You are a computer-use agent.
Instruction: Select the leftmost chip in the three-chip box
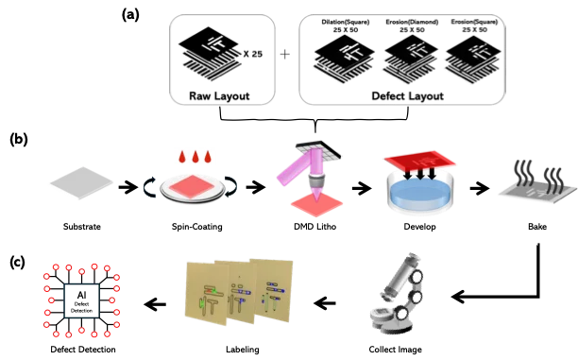tap(343, 59)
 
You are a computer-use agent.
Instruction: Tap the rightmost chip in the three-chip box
tap(472, 59)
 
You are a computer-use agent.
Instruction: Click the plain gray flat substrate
tap(82, 181)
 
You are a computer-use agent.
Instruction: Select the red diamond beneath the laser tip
tap(316, 200)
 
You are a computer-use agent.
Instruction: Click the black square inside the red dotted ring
tap(82, 300)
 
